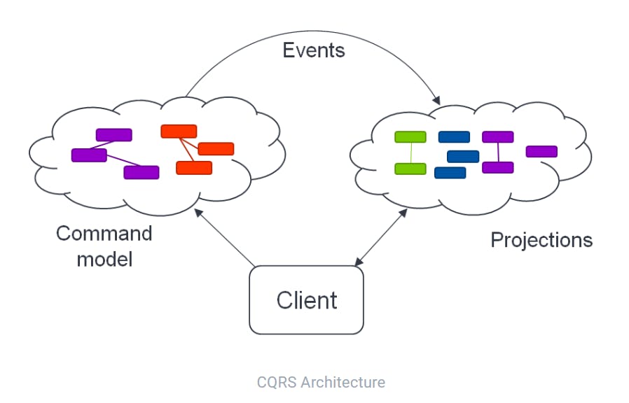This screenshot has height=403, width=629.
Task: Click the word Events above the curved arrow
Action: click(x=314, y=50)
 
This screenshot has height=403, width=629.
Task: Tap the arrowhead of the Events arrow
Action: click(x=436, y=100)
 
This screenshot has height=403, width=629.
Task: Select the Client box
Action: click(x=307, y=299)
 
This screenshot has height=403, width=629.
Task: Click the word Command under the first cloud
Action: click(x=104, y=233)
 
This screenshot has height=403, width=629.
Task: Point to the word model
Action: click(x=104, y=259)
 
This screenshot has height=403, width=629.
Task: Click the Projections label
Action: click(x=541, y=240)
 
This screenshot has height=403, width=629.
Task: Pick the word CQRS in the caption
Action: click(x=277, y=382)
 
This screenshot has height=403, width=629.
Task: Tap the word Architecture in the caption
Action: click(x=343, y=382)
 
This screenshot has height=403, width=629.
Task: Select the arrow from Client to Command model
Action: click(x=225, y=238)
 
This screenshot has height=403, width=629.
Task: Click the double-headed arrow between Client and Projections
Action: click(x=381, y=237)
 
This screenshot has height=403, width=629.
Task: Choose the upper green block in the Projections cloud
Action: click(x=410, y=137)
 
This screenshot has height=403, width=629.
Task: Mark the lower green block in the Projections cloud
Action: click(x=410, y=169)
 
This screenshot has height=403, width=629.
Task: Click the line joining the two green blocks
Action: click(x=410, y=153)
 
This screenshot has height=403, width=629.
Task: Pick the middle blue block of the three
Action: click(x=463, y=156)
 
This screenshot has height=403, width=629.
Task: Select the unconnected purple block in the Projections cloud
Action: click(x=541, y=151)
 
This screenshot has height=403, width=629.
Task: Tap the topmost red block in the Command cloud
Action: click(x=179, y=132)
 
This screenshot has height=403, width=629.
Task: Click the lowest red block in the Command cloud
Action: click(x=194, y=168)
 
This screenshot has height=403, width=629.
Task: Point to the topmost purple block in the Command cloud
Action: click(x=114, y=135)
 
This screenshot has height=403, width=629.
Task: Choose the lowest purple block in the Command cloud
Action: click(x=141, y=172)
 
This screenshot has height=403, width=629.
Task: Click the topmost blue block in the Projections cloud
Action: click(x=454, y=137)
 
